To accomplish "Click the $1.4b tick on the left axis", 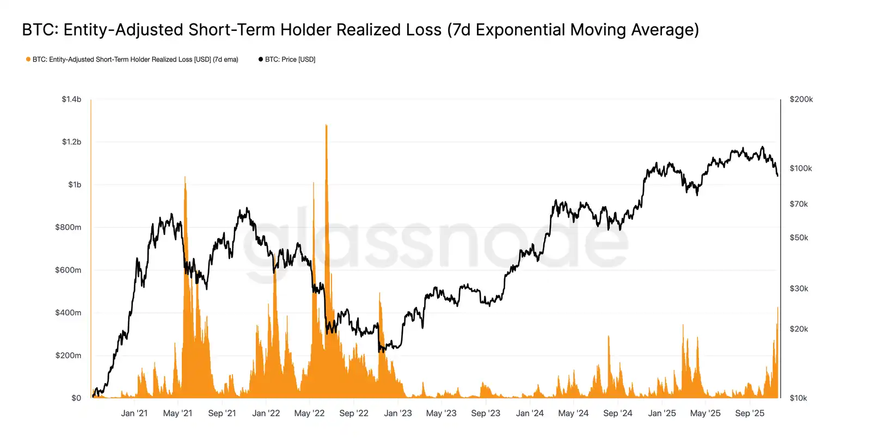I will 71,99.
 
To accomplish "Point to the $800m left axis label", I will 68,227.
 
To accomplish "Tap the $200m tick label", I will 68,355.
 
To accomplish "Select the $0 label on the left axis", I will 76,398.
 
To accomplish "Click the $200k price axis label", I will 801,99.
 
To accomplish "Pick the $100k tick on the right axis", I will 800,168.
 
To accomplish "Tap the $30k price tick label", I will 799,288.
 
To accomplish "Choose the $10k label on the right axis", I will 798,398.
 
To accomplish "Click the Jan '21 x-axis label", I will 134,413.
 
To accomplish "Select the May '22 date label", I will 309,413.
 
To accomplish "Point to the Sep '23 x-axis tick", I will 486,413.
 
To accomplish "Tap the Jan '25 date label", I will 662,413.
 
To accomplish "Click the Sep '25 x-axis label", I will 750,413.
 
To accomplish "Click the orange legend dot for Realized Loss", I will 28,59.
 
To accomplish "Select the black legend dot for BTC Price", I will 261,59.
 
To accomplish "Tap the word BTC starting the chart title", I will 40,29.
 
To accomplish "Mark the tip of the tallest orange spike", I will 326,125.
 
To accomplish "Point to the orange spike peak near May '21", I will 185,177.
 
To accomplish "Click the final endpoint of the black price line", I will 777,175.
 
